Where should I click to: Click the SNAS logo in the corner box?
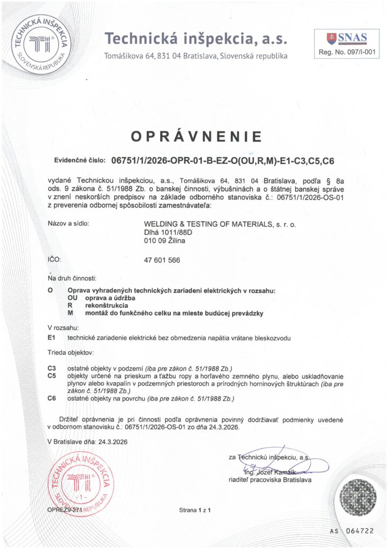point(347,38)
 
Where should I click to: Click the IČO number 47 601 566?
point(162,260)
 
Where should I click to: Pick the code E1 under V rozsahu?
point(52,338)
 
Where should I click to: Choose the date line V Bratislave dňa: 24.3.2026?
point(88,441)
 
